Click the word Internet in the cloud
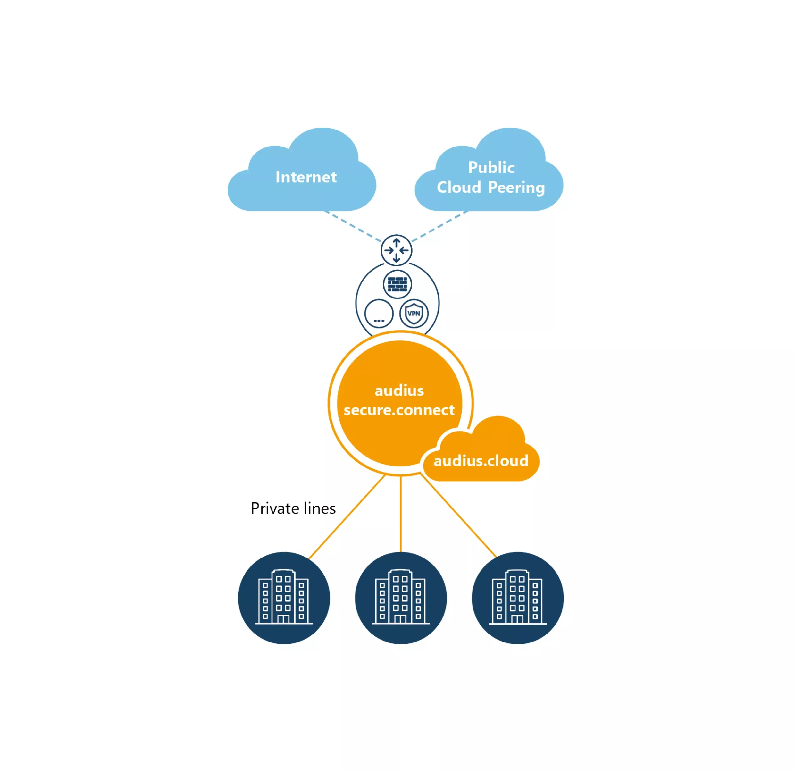[x=306, y=177]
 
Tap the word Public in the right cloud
[x=491, y=168]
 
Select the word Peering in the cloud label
[x=516, y=188]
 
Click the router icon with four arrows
[x=396, y=250]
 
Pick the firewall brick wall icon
[x=397, y=284]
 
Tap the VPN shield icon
[x=414, y=314]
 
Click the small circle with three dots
[x=379, y=314]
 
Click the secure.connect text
[x=399, y=410]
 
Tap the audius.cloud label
[x=481, y=461]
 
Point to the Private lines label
[x=293, y=508]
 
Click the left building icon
[x=284, y=598]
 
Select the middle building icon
[x=401, y=598]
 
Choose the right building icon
[x=518, y=598]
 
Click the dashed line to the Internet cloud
[x=353, y=226]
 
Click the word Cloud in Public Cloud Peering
[x=459, y=188]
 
